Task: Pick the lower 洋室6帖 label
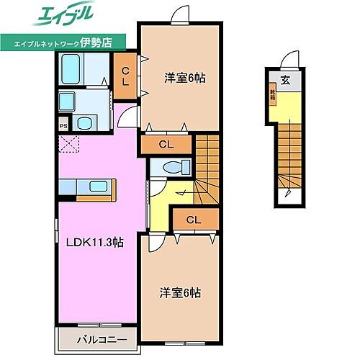pyautogui.click(x=180, y=293)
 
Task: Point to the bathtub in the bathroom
pyautogui.click(x=73, y=71)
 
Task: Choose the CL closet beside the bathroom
pyautogui.click(x=125, y=73)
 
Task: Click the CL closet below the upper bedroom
pyautogui.click(x=166, y=145)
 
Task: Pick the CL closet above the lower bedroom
pyautogui.click(x=193, y=220)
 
